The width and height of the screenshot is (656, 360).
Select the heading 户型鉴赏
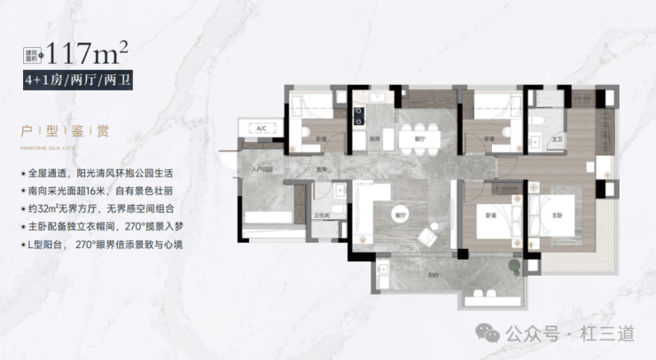pos(67,132)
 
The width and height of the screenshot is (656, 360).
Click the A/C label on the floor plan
pos(262,130)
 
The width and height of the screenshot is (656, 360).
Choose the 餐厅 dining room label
pos(408,139)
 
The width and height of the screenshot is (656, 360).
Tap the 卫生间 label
pos(323,215)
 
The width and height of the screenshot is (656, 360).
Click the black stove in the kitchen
pos(359,113)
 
